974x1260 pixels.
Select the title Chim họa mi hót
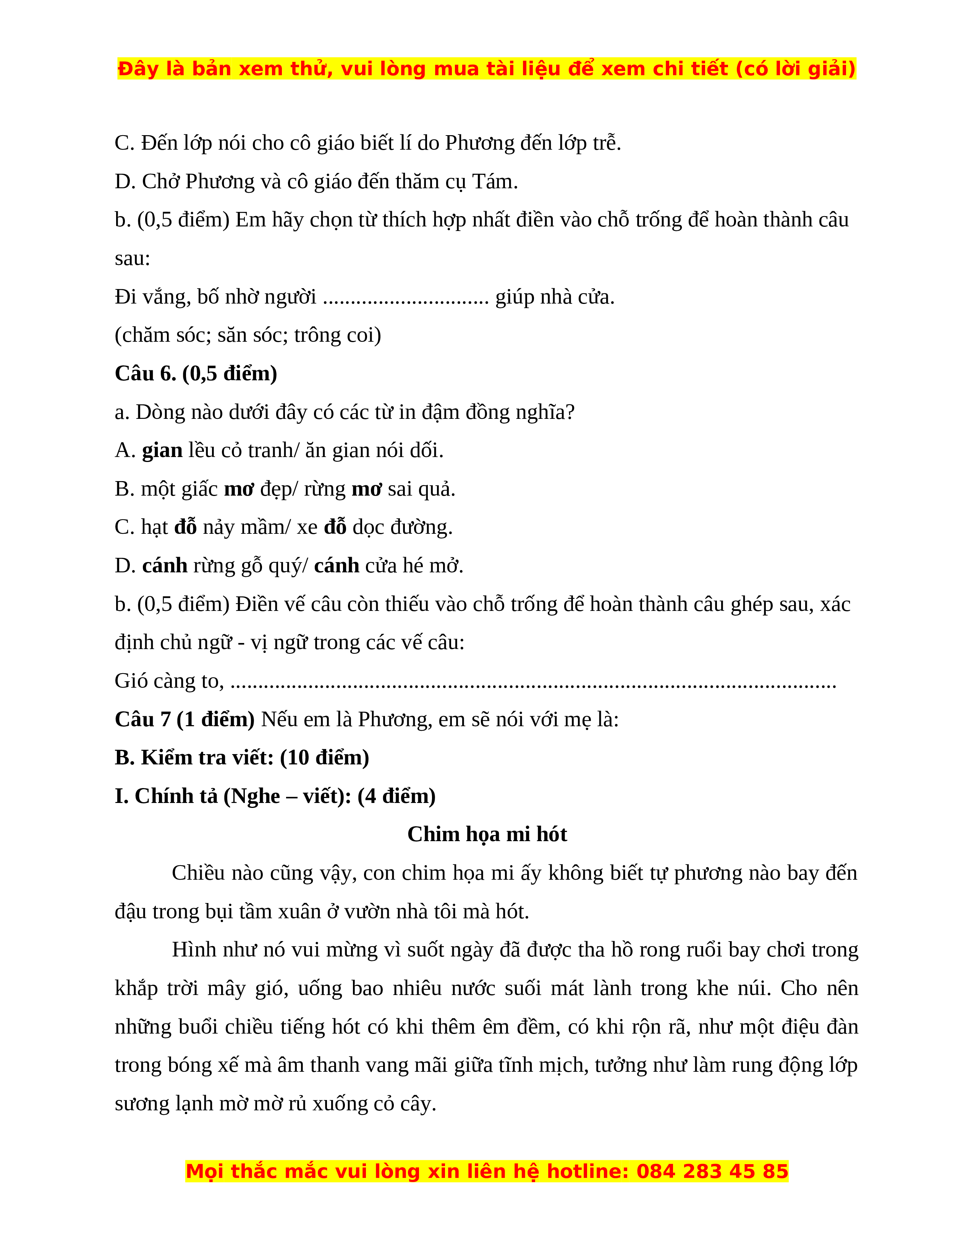point(487,834)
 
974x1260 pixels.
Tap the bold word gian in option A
point(162,451)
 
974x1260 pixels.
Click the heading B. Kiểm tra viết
point(242,758)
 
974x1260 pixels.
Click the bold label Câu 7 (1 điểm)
point(184,719)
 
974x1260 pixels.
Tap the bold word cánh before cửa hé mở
point(337,566)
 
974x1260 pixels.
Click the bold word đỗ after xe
point(335,527)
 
